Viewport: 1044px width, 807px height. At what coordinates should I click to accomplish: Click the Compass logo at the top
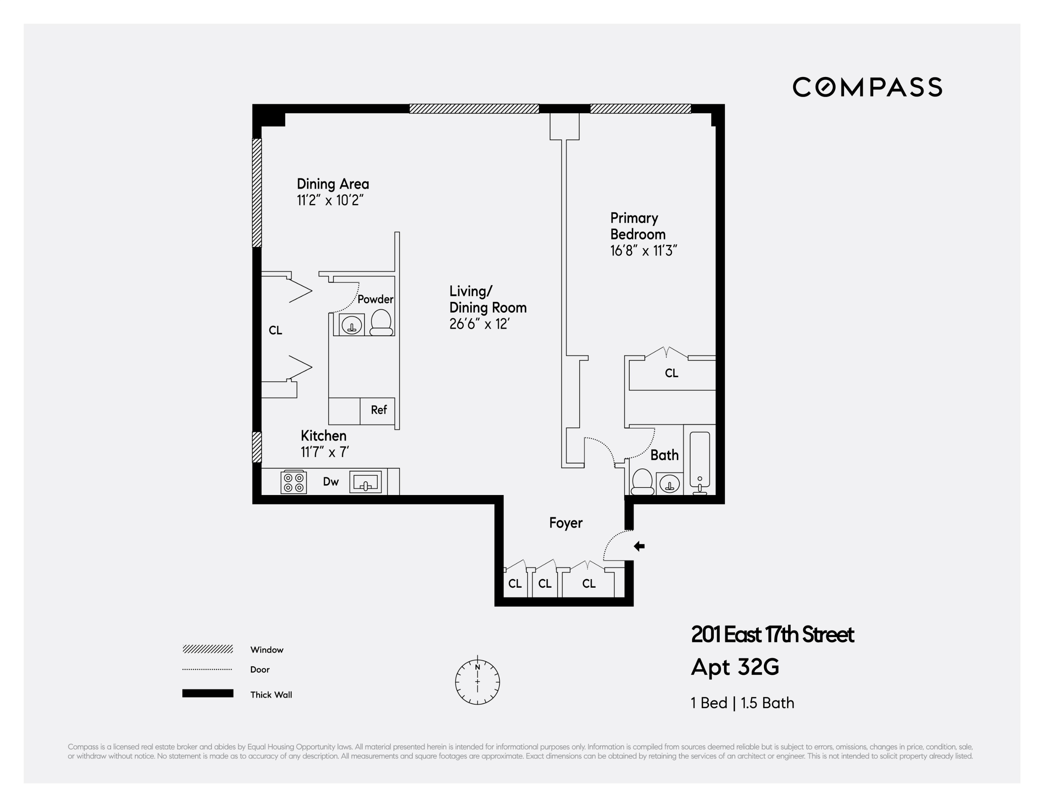[x=867, y=87]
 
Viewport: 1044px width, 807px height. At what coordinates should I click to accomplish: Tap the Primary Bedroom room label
[x=638, y=226]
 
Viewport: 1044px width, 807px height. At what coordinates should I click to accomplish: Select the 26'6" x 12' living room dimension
[x=479, y=324]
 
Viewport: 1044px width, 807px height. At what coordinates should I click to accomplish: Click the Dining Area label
[x=333, y=184]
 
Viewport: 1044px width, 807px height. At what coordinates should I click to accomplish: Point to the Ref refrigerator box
[x=378, y=410]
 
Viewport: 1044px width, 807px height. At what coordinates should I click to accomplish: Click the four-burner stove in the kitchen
[x=294, y=482]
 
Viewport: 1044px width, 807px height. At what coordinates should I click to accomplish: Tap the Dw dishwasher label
[x=331, y=482]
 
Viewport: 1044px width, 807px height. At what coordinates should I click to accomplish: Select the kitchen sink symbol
[x=366, y=482]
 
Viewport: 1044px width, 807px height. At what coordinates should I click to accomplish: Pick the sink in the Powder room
[x=352, y=325]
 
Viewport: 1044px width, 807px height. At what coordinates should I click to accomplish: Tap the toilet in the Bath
[x=642, y=482]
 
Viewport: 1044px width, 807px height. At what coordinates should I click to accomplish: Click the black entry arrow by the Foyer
[x=639, y=546]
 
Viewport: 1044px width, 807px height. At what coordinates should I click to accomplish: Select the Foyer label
[x=566, y=523]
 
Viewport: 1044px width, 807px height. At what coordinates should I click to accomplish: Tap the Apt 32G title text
[x=735, y=667]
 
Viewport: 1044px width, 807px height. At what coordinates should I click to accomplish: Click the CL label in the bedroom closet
[x=671, y=373]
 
